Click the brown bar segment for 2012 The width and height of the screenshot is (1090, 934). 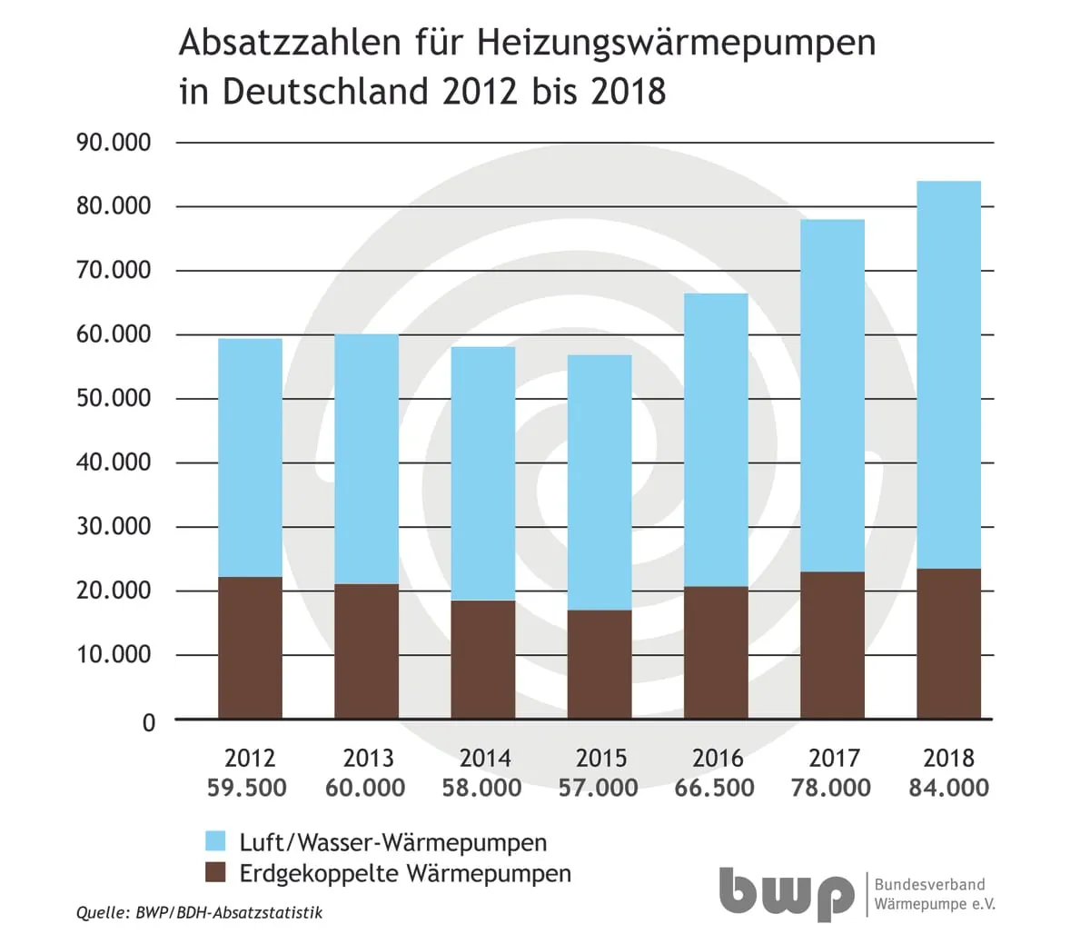pos(250,647)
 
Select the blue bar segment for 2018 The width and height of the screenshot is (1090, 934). pos(948,374)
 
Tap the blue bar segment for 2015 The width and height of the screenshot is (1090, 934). pos(599,482)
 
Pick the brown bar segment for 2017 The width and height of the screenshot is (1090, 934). pos(832,644)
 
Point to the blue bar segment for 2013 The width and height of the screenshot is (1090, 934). pos(366,459)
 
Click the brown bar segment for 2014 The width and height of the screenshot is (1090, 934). pos(483,659)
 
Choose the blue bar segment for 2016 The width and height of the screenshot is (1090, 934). pos(716,440)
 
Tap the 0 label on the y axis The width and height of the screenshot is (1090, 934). pos(149,722)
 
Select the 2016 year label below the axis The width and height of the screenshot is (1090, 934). pos(717,758)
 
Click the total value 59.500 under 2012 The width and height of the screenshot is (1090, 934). pos(247,787)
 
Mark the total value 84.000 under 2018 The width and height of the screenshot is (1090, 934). pos(948,787)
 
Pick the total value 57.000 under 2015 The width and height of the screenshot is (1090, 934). pos(599,787)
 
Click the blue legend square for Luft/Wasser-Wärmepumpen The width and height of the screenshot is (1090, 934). pos(215,841)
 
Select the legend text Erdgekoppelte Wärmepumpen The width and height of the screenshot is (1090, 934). pos(405,874)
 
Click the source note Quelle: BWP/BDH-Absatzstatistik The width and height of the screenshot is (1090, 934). pos(199,912)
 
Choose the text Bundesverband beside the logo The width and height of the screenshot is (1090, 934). pos(928,884)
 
